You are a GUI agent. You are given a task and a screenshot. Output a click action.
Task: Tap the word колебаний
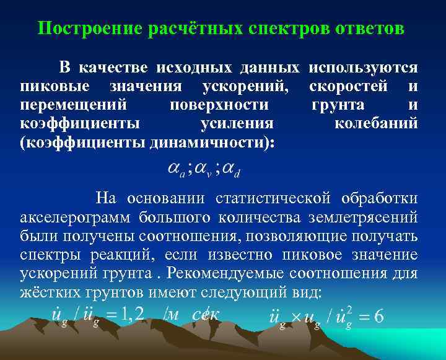[376, 123]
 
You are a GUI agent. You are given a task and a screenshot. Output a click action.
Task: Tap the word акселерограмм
[76, 217]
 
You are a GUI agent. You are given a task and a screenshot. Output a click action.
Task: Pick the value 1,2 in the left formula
[133, 316]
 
